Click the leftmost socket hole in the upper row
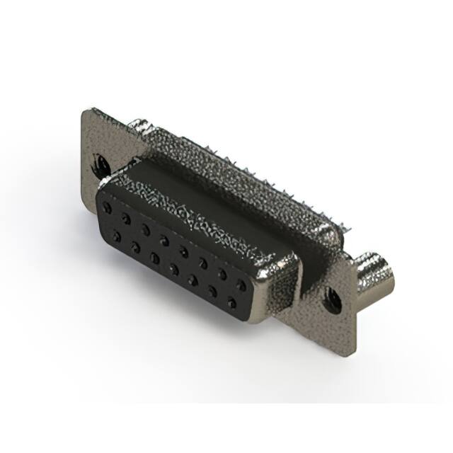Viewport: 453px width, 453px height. pos(106,208)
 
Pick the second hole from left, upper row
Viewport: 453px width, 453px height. pos(125,219)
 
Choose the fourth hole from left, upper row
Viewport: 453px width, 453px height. pos(164,240)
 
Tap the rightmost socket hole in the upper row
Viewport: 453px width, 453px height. pos(241,285)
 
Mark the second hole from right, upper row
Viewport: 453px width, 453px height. pos(222,273)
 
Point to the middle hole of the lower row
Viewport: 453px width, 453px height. pos(173,269)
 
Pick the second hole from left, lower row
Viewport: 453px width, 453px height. pos(134,247)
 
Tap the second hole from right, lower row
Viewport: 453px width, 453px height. pos(212,292)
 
